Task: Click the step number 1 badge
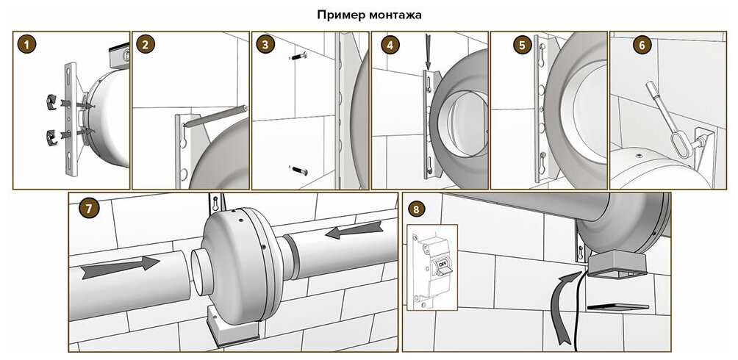(27, 44)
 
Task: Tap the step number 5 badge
(521, 44)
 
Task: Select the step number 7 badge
(89, 207)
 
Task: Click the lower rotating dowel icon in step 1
(52, 134)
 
